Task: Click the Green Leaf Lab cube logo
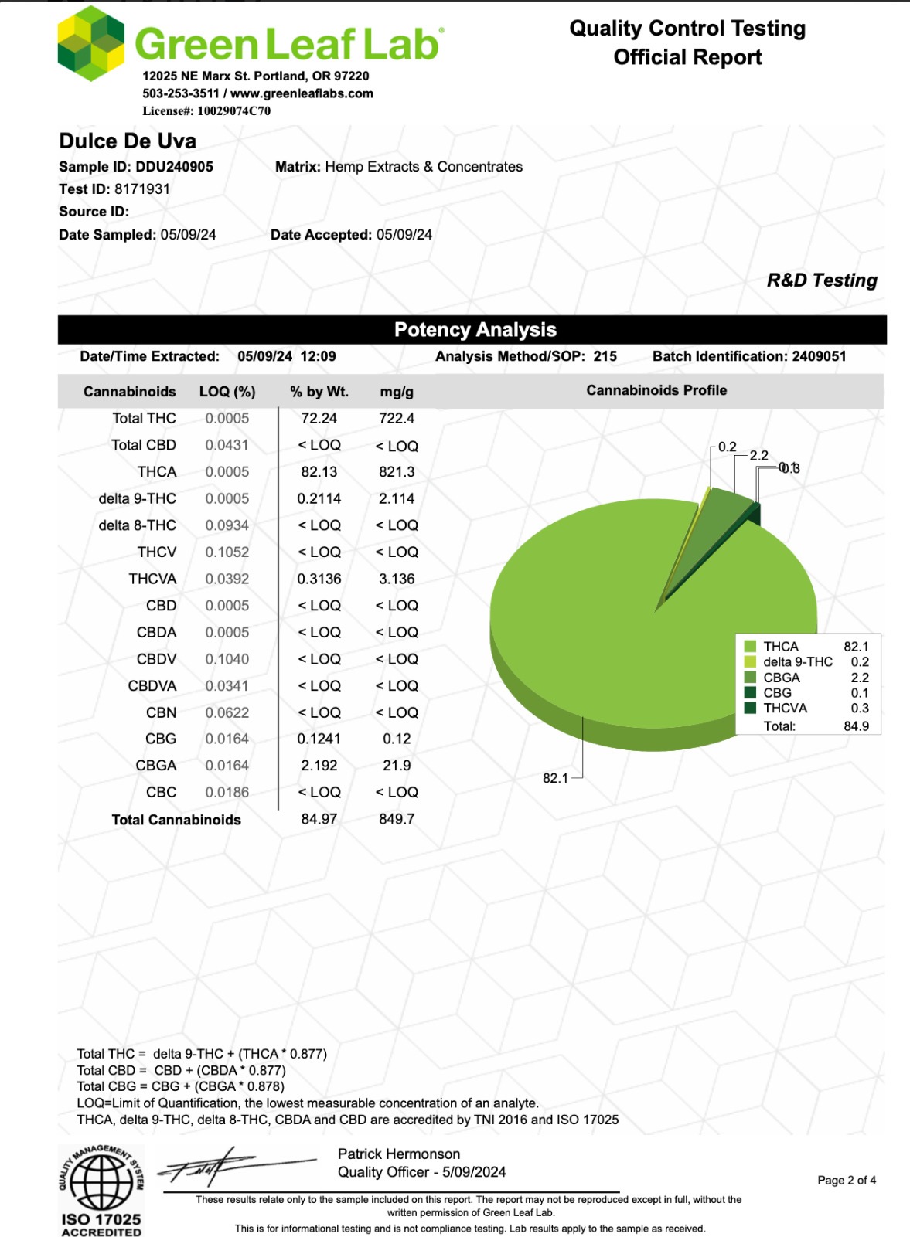coord(91,43)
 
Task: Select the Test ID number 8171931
coord(142,189)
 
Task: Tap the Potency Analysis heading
coord(475,330)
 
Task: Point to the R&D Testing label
coord(821,280)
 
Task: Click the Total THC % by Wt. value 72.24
coord(319,419)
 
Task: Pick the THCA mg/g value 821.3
coord(397,472)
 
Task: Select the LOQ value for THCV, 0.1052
coord(227,552)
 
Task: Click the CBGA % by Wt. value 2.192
coord(319,766)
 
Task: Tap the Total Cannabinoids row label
coord(176,820)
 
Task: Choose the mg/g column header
coord(397,392)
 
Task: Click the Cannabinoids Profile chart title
coord(656,391)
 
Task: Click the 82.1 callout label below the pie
coord(555,778)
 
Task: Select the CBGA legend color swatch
coord(750,678)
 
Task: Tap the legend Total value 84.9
coord(856,726)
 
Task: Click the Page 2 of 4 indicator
coord(847,1181)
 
